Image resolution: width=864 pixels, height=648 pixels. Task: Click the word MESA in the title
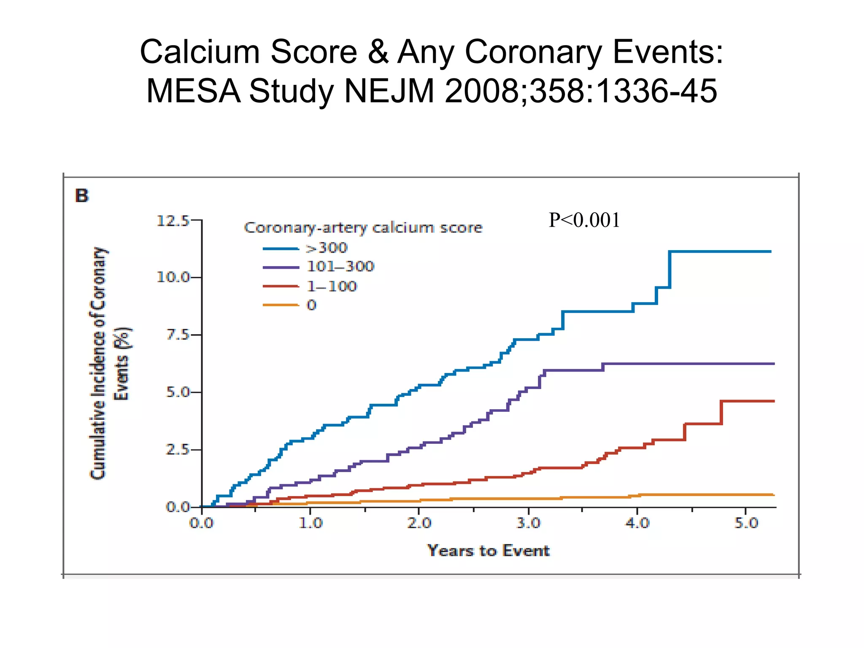point(194,91)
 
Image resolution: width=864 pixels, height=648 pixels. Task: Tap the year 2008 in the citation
point(481,91)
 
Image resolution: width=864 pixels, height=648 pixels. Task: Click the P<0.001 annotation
point(584,220)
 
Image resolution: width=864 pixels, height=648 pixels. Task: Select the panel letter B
point(82,196)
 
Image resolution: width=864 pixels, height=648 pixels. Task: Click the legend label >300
point(327,248)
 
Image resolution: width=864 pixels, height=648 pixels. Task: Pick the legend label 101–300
point(340,266)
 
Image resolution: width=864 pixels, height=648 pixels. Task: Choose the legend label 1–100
point(332,286)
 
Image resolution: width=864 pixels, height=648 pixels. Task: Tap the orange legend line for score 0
point(281,305)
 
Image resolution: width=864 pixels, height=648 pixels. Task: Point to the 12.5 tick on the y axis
point(173,221)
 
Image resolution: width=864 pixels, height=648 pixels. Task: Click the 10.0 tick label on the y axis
point(173,277)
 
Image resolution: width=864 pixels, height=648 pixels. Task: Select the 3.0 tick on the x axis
point(528,523)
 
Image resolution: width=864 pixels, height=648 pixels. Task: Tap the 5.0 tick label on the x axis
point(746,523)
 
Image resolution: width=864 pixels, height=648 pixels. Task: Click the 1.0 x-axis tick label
point(310,523)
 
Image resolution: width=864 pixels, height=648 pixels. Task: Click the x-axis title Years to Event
point(488,551)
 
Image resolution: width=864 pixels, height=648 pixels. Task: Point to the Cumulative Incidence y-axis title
point(98,363)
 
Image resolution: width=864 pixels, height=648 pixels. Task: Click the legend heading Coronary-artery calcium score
point(363,228)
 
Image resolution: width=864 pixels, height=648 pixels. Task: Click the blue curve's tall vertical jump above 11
point(670,269)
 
